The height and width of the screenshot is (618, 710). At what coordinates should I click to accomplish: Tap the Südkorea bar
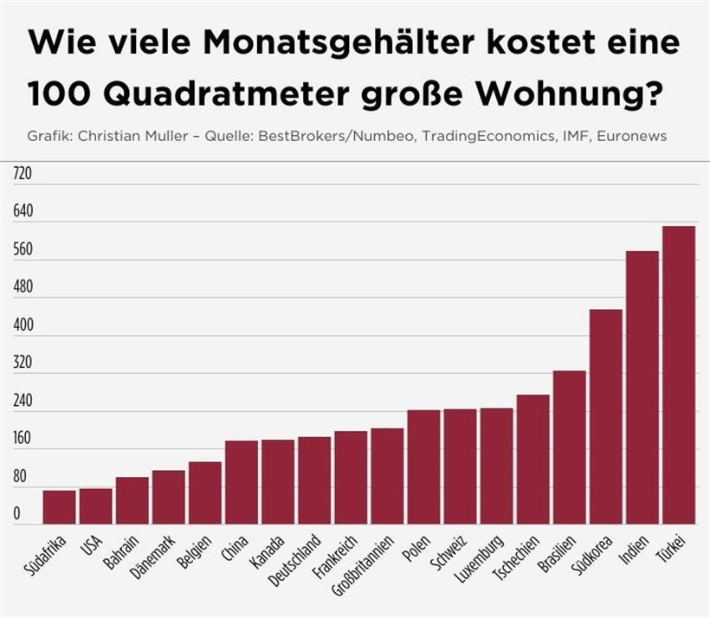(x=605, y=416)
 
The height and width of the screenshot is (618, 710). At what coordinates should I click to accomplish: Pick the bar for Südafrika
(x=60, y=507)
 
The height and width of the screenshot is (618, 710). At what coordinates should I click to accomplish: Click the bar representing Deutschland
(x=314, y=480)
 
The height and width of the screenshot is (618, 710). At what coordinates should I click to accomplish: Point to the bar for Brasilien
(x=569, y=447)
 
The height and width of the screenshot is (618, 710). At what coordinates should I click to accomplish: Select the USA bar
(x=96, y=506)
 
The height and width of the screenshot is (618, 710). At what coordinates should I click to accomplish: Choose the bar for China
(x=242, y=482)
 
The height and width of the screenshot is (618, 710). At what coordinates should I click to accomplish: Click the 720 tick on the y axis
(x=23, y=174)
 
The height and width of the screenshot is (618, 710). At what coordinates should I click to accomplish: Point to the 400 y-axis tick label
(x=23, y=325)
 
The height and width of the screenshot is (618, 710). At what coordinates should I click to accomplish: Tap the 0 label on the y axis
(x=16, y=515)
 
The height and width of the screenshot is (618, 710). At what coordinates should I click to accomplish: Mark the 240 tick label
(x=23, y=402)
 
